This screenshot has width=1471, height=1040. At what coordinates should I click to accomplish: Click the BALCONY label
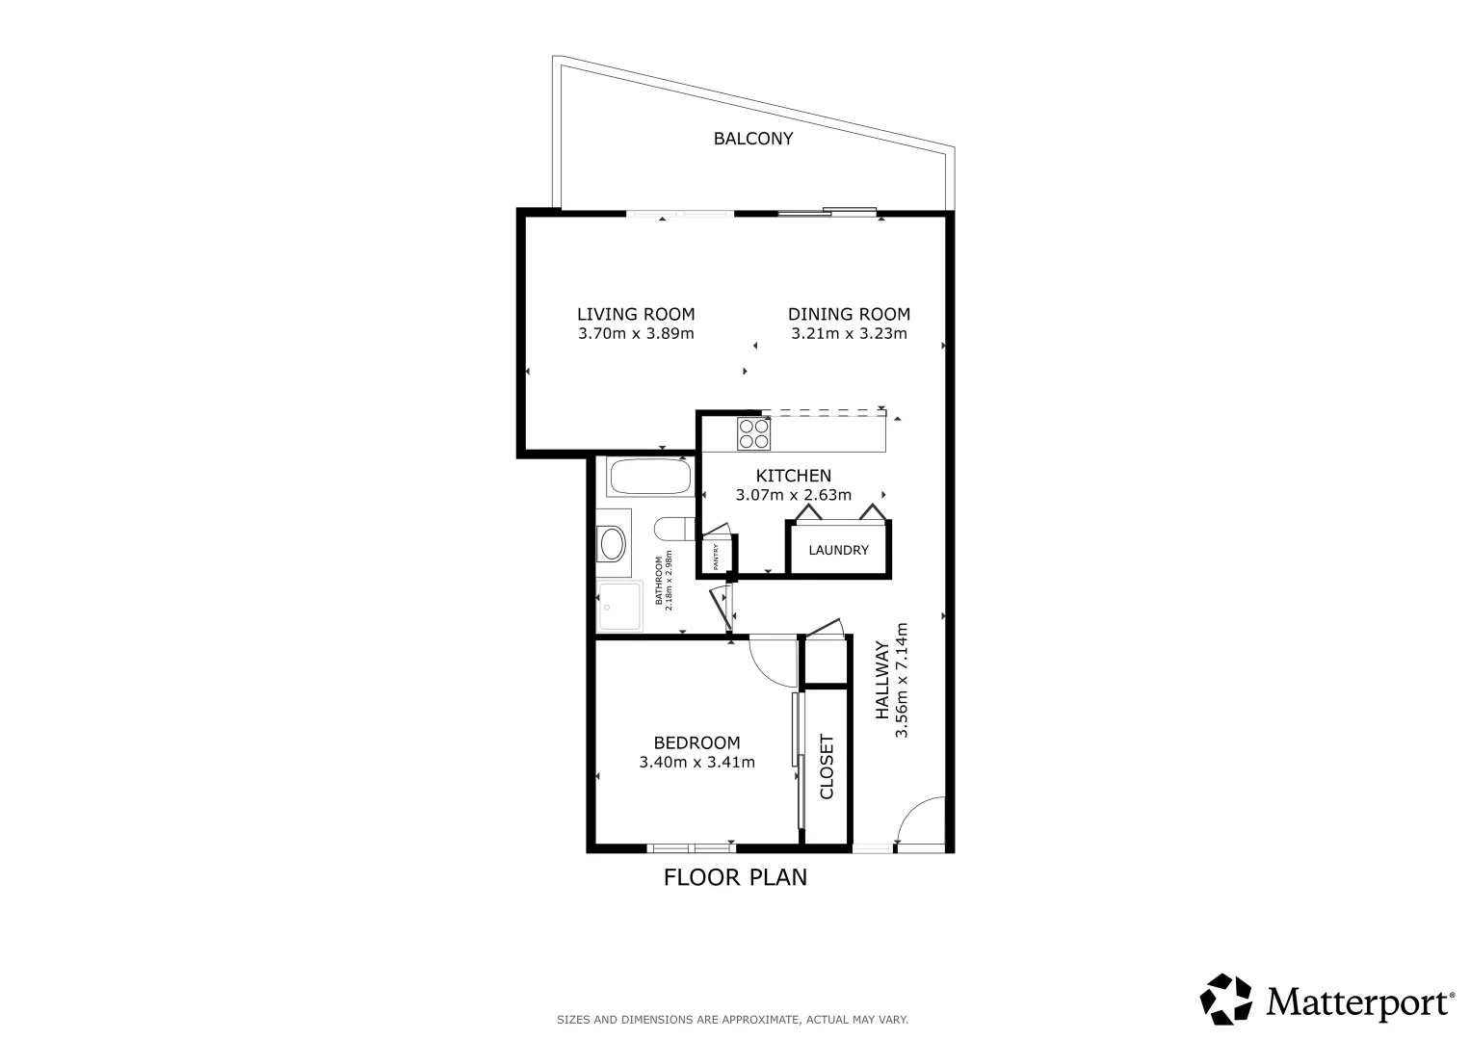point(753,139)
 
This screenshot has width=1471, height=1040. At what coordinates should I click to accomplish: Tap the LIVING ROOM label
point(636,315)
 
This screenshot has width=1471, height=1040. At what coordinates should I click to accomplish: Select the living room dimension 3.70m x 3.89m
point(636,333)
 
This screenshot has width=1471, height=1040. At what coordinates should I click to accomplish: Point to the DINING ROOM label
point(849,315)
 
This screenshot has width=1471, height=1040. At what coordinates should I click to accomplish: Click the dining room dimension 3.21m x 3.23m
point(849,333)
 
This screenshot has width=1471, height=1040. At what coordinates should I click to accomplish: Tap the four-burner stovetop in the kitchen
point(753,434)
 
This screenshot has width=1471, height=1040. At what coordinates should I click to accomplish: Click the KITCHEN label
point(793,476)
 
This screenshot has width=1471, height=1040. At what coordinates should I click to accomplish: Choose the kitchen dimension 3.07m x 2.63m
point(793,495)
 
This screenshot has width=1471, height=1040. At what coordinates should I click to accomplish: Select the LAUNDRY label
point(839,550)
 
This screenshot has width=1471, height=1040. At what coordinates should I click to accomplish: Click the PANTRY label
point(716,557)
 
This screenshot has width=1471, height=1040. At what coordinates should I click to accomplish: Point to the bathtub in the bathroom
point(651,477)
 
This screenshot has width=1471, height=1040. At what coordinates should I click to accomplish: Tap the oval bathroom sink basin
point(613,544)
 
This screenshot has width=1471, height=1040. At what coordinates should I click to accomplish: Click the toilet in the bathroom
point(674,529)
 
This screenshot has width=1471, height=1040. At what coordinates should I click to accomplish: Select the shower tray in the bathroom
point(619,607)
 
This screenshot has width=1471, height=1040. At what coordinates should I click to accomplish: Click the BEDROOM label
point(696,742)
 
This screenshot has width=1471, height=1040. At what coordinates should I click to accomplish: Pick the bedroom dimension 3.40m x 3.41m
point(696,763)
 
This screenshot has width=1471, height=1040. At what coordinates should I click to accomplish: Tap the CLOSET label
point(827,767)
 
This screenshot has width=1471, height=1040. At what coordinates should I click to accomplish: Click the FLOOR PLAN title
point(735,877)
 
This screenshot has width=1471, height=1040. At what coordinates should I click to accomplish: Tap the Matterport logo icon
point(1225,1000)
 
